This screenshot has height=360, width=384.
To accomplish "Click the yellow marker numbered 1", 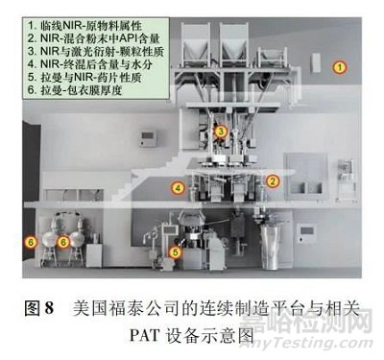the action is click(x=340, y=67).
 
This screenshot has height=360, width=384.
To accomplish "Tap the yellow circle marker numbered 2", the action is click(x=272, y=181).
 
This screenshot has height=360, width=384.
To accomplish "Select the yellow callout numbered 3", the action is click(x=221, y=132).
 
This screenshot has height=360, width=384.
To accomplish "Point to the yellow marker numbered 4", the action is click(x=178, y=188).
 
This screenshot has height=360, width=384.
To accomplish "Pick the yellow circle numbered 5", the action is click(x=175, y=252).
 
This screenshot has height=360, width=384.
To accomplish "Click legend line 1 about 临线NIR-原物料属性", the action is click(x=84, y=26).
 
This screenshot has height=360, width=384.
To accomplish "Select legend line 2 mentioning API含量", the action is click(x=93, y=38).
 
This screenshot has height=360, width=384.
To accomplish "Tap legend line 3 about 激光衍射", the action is click(x=96, y=52).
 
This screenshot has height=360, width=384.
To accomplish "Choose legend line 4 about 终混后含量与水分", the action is click(x=89, y=64).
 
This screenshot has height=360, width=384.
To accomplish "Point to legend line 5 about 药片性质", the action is click(x=84, y=78).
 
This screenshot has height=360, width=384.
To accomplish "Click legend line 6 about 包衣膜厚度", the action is click(x=75, y=90).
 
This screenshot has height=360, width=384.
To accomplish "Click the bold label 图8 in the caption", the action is click(x=39, y=308).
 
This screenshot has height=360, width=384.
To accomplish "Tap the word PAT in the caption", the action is click(x=144, y=335).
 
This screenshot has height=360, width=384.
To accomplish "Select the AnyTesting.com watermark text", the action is click(x=306, y=344).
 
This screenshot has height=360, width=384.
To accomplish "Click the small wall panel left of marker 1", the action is click(x=316, y=62).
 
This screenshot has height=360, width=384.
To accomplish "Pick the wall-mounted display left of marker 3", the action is click(x=148, y=138).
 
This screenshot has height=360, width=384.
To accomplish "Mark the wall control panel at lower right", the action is click(x=307, y=234).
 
